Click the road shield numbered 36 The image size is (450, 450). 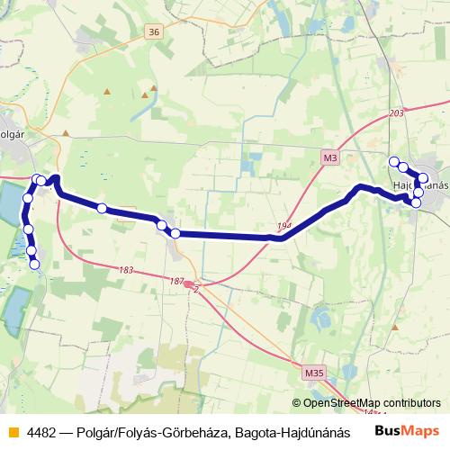(x=155, y=31)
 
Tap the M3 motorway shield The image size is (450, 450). (x=330, y=158)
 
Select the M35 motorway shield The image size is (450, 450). (x=313, y=372)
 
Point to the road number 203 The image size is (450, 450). (x=399, y=113)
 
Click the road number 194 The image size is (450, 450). (x=285, y=225)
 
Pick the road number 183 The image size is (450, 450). (x=125, y=270)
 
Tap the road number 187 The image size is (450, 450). (x=176, y=282)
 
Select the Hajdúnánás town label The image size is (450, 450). (x=420, y=184)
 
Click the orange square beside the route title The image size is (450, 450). (x=11, y=432)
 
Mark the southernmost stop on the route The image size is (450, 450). (x=35, y=264)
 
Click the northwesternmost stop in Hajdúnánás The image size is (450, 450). (x=393, y=162)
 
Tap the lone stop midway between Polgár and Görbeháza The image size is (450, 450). (x=102, y=209)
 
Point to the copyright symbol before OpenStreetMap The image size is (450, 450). (x=297, y=403)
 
